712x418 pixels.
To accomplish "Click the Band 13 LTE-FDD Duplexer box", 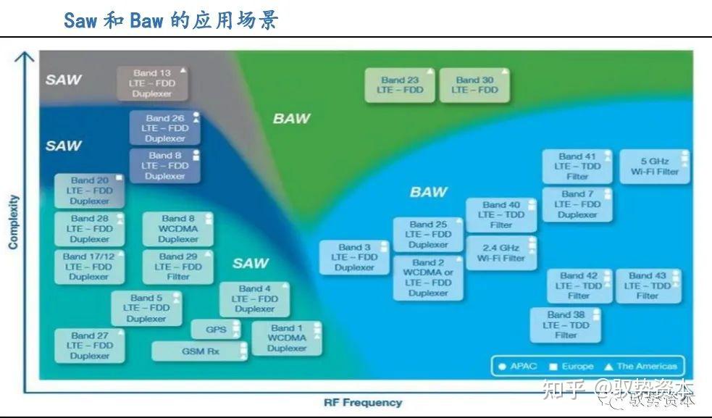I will point(152,83).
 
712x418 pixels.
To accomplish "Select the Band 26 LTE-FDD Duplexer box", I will point(165,128).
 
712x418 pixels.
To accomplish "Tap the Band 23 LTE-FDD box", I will point(400,85).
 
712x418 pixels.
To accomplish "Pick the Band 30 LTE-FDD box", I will point(474,85).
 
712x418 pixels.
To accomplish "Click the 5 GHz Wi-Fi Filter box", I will point(654,167).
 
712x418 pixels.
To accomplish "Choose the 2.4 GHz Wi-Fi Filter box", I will point(501,253).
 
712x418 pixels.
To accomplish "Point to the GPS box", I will point(216,330).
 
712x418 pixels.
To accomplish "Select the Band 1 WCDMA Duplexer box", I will point(286,338).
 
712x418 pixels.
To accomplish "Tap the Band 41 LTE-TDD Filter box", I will point(577,167).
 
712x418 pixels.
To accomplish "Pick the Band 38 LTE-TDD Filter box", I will point(565,325).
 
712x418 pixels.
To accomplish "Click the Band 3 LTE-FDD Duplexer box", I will point(354,257).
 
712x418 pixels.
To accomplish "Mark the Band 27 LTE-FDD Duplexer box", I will point(90,346).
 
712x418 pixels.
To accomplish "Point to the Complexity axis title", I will point(13,222).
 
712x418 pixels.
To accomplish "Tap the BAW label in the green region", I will point(291,118).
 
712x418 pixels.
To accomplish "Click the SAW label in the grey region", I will point(64,80).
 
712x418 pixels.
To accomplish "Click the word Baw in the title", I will point(146,20).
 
